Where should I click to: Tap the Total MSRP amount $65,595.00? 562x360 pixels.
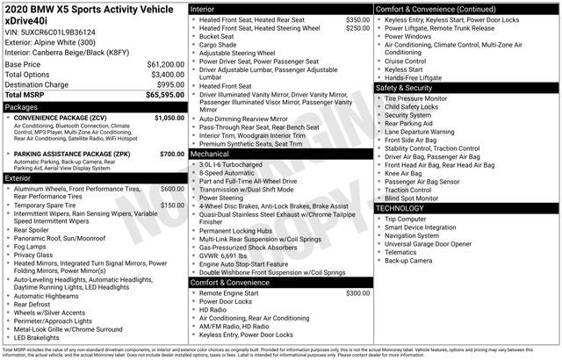pos(160,95)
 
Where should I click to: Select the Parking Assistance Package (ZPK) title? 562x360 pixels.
pos(66,154)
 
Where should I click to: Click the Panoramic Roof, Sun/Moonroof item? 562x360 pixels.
pos(61,238)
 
